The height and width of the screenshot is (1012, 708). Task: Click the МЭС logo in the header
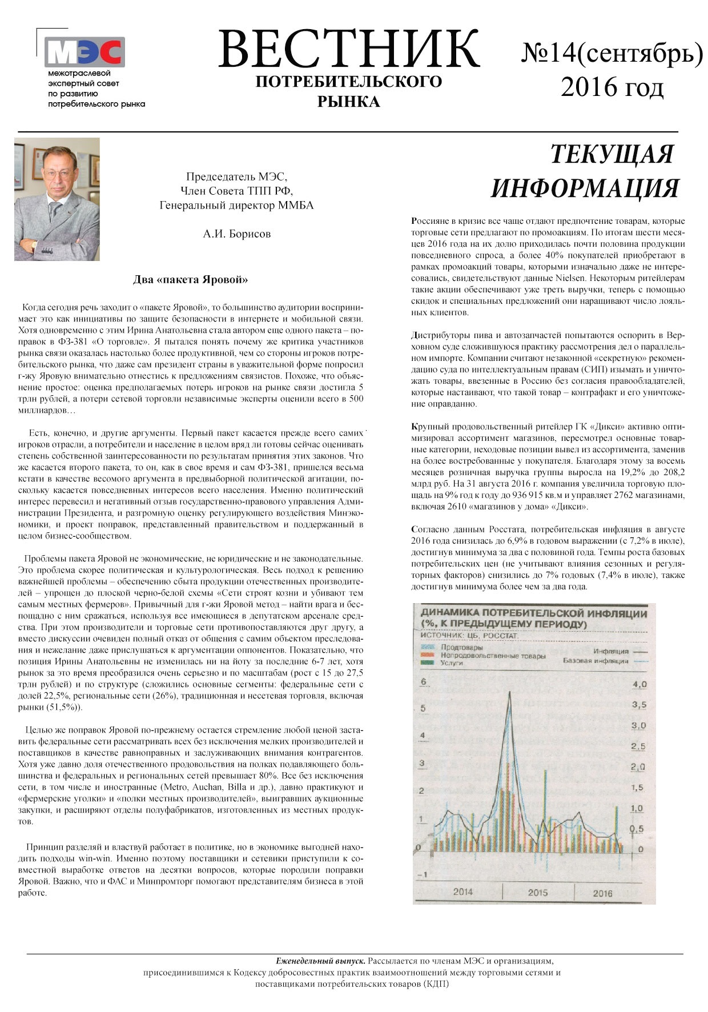coord(85,53)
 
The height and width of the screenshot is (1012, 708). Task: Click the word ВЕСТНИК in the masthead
coord(348,49)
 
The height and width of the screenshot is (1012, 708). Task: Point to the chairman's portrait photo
coord(57,199)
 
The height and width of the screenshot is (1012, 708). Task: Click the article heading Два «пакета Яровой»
coord(191,280)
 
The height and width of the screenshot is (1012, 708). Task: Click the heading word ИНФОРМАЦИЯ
coord(585,188)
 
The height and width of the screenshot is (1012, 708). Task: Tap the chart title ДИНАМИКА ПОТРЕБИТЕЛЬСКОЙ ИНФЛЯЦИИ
coord(534,613)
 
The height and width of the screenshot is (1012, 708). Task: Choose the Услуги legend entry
coord(452,663)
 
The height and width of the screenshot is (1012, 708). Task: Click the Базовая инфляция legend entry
coord(596,661)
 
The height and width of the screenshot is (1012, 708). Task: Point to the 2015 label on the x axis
coord(537,892)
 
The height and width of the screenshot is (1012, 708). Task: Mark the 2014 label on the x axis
coord(462,891)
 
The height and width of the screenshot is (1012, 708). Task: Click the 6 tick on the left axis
coord(423,681)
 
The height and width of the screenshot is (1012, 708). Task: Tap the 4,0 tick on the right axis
coord(639,684)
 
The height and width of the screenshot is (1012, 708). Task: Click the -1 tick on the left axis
coord(423,875)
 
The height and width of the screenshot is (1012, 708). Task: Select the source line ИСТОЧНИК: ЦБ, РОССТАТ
coord(469,635)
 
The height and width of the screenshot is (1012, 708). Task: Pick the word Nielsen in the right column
coord(572,278)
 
